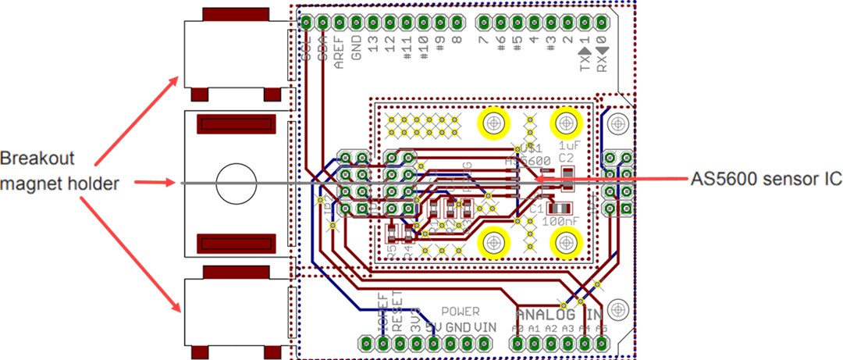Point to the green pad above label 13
coord(374,20)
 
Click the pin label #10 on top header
coord(424,52)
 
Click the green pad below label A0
coord(518,344)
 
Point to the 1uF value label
coord(567,145)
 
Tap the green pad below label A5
coord(602,344)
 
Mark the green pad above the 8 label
coord(457,20)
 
